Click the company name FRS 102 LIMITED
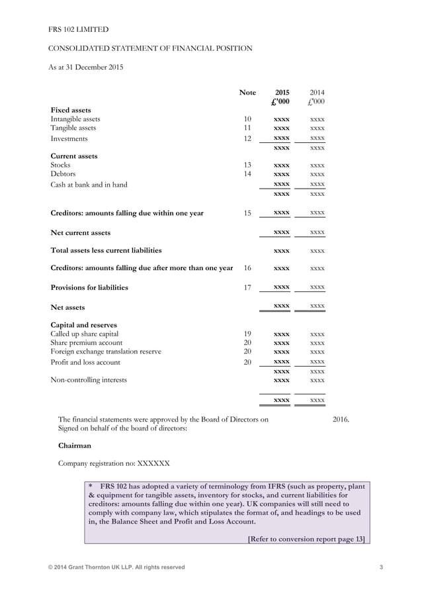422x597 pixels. coord(78,29)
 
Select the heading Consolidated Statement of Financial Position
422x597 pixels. coord(150,48)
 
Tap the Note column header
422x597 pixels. coord(247,93)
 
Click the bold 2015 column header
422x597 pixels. coord(282,93)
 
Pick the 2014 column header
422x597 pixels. coord(317,93)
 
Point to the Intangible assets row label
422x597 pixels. coord(75,119)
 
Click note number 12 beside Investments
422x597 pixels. coord(247,138)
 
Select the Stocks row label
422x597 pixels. coord(60,165)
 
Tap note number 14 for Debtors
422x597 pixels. coord(247,174)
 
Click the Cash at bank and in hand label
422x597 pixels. coord(89,185)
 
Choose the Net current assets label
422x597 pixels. coord(81,233)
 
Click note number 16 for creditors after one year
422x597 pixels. coord(247,268)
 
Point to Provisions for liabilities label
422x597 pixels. coord(89,288)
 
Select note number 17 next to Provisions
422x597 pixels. coord(247,288)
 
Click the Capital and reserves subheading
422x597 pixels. coord(84,325)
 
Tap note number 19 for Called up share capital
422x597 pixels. coord(247,334)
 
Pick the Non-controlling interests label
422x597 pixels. coord(89,380)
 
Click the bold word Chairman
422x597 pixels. coord(75,445)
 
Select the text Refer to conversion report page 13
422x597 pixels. coord(306,539)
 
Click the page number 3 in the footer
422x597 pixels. coord(382,567)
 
